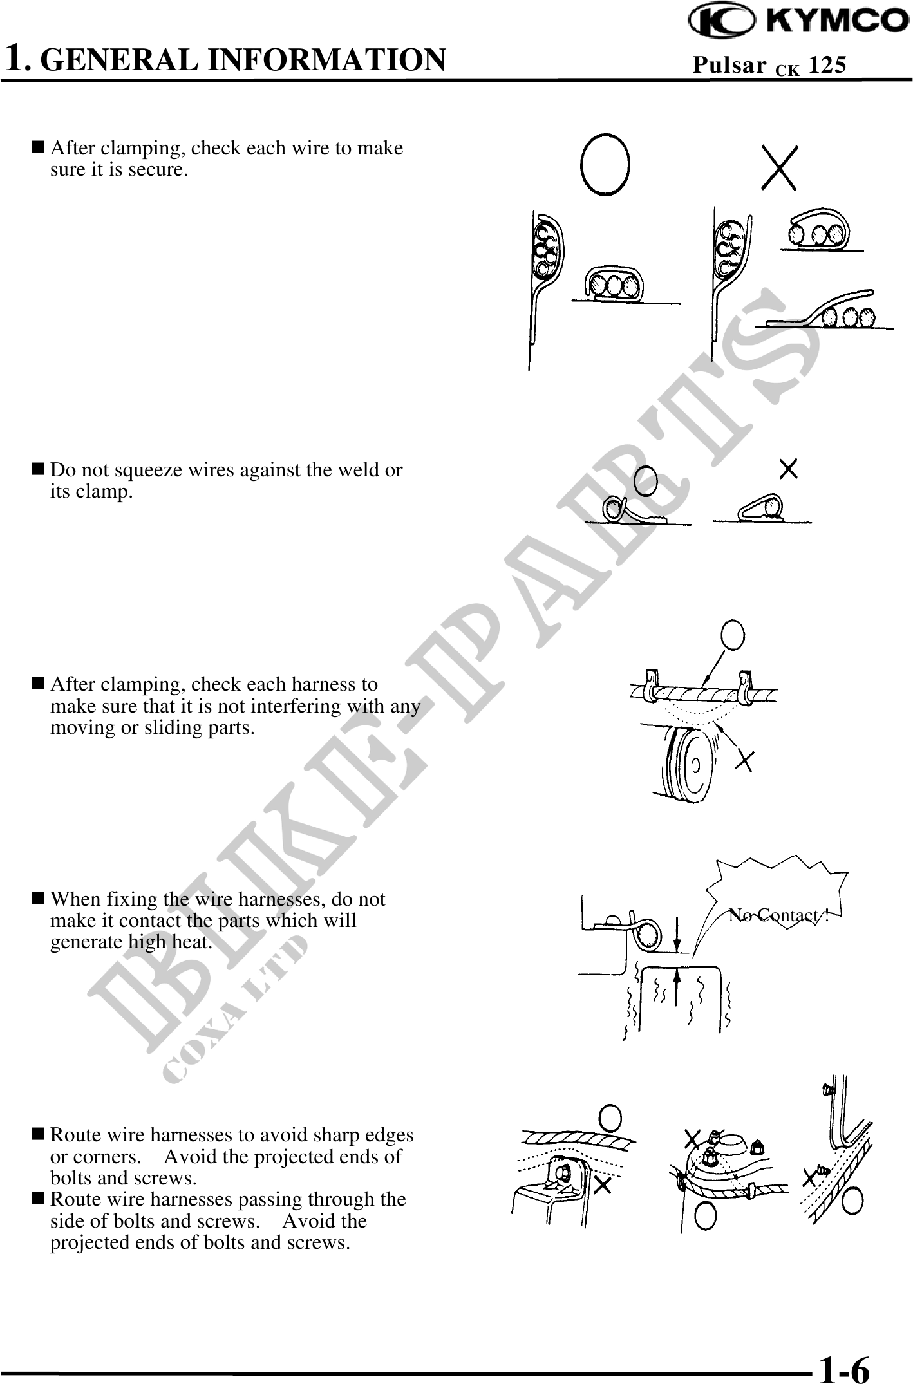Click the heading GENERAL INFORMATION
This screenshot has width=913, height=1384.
(x=247, y=59)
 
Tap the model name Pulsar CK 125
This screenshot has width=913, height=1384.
(x=769, y=66)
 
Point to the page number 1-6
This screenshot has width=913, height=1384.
(x=844, y=1367)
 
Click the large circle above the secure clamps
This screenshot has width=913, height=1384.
(x=605, y=164)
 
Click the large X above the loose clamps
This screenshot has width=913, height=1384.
(x=779, y=167)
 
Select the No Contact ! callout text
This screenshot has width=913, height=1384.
(x=779, y=915)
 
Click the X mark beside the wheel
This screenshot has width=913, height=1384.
(x=745, y=761)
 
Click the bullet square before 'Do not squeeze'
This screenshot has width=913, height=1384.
(x=37, y=470)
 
